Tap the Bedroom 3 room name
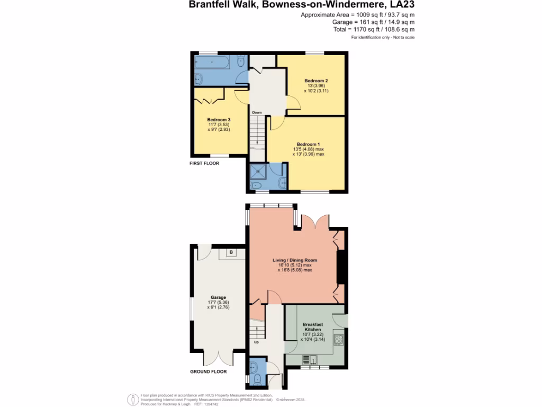coord(219,119)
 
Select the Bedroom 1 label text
coord(308,144)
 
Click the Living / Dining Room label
coord(295,260)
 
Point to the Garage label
coord(219,297)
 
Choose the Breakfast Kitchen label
coord(312,326)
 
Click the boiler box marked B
coord(231,252)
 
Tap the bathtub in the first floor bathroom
coord(214,64)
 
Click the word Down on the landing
coord(257,112)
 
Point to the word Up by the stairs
coord(257,342)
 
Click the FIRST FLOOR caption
coord(204,163)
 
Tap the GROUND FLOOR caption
coord(209,371)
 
